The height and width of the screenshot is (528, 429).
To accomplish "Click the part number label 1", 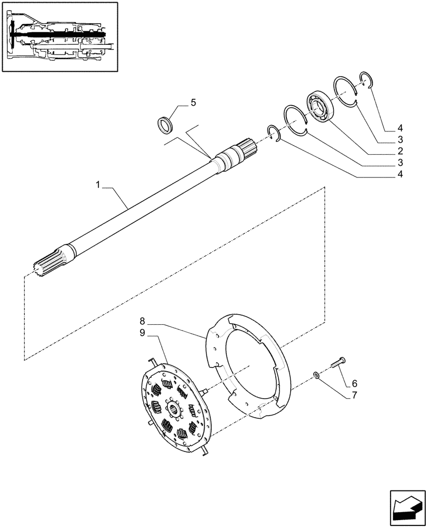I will point(98,184).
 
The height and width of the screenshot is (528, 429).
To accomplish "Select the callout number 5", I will point(193,102).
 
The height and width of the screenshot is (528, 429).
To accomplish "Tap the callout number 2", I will point(400,152).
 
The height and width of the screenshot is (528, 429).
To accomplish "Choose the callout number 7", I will point(354,394).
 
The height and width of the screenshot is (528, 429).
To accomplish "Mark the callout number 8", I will point(142,320).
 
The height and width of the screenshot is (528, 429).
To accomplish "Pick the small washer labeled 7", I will point(315,375).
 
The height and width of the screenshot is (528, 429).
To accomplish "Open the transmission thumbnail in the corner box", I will point(59,37).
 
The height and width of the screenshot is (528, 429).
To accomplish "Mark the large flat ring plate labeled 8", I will point(248,364).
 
